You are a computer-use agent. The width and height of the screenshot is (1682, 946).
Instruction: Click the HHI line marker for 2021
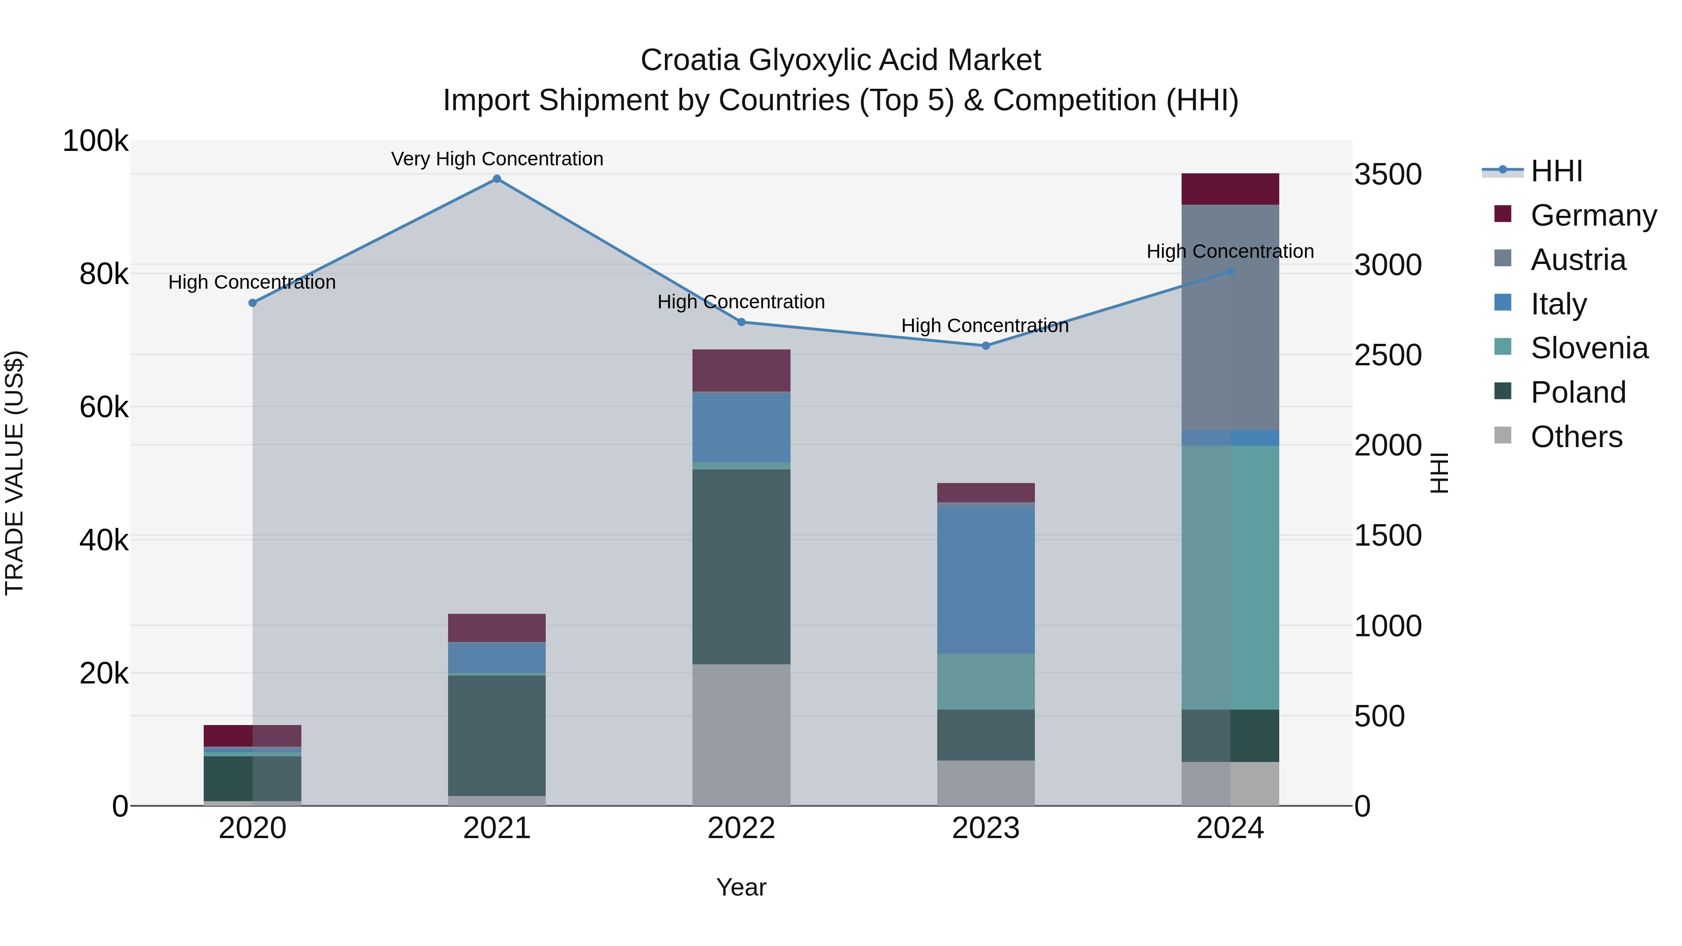(x=497, y=179)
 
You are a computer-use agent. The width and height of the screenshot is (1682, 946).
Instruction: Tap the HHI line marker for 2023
(x=986, y=346)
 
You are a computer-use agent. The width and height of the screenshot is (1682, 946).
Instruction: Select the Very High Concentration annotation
(x=497, y=159)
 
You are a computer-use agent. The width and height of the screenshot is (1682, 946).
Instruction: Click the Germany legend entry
(x=1593, y=215)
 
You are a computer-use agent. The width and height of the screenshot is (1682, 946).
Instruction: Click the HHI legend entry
(x=1556, y=171)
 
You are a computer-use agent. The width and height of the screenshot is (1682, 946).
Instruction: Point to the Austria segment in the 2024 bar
(x=1230, y=317)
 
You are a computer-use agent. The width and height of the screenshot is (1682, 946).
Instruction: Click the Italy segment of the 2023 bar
(x=986, y=580)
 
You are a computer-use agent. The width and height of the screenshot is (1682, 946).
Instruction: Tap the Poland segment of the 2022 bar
(x=741, y=567)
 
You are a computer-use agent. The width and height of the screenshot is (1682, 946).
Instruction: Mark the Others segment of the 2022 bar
(x=741, y=735)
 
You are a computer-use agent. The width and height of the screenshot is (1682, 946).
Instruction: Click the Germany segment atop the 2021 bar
(x=497, y=628)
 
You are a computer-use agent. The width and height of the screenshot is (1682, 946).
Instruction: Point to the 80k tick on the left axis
(x=104, y=274)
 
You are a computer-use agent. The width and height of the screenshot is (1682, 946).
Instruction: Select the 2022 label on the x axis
(x=741, y=828)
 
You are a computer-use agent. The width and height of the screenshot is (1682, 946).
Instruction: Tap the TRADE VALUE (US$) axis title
(x=14, y=473)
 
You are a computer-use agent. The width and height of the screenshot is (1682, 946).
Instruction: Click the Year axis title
(x=741, y=887)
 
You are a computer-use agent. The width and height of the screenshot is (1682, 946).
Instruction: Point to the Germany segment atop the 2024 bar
(x=1230, y=189)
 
